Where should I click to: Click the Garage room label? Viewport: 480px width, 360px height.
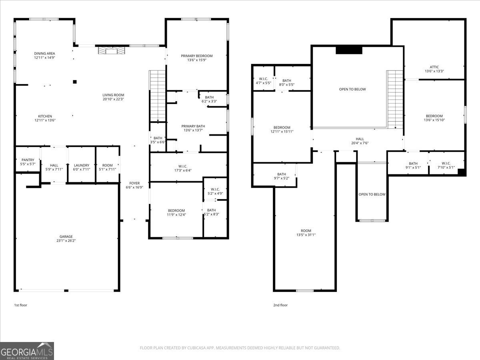click(66, 236)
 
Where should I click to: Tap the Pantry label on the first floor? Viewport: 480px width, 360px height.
click(28, 160)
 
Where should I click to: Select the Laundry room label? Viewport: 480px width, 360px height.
click(82, 165)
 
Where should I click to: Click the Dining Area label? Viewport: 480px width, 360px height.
click(44, 53)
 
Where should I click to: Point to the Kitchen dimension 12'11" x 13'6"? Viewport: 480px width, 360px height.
click(44, 120)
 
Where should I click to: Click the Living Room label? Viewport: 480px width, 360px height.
click(113, 95)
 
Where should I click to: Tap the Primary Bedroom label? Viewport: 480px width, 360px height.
click(197, 56)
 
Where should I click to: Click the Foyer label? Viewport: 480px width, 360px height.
click(134, 183)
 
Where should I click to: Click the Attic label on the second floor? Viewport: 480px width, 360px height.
click(434, 67)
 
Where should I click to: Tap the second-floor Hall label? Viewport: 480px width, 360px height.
click(360, 139)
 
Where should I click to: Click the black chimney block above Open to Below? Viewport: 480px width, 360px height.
click(349, 50)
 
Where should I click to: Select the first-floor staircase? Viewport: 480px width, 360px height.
click(157, 96)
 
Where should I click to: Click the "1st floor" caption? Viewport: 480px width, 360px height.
click(20, 305)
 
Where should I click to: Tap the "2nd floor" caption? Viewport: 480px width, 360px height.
click(280, 305)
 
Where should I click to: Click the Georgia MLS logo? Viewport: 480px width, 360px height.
click(27, 351)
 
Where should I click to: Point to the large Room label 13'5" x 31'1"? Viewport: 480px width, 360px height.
click(306, 231)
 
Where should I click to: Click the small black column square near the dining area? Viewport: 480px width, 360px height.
click(75, 82)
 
